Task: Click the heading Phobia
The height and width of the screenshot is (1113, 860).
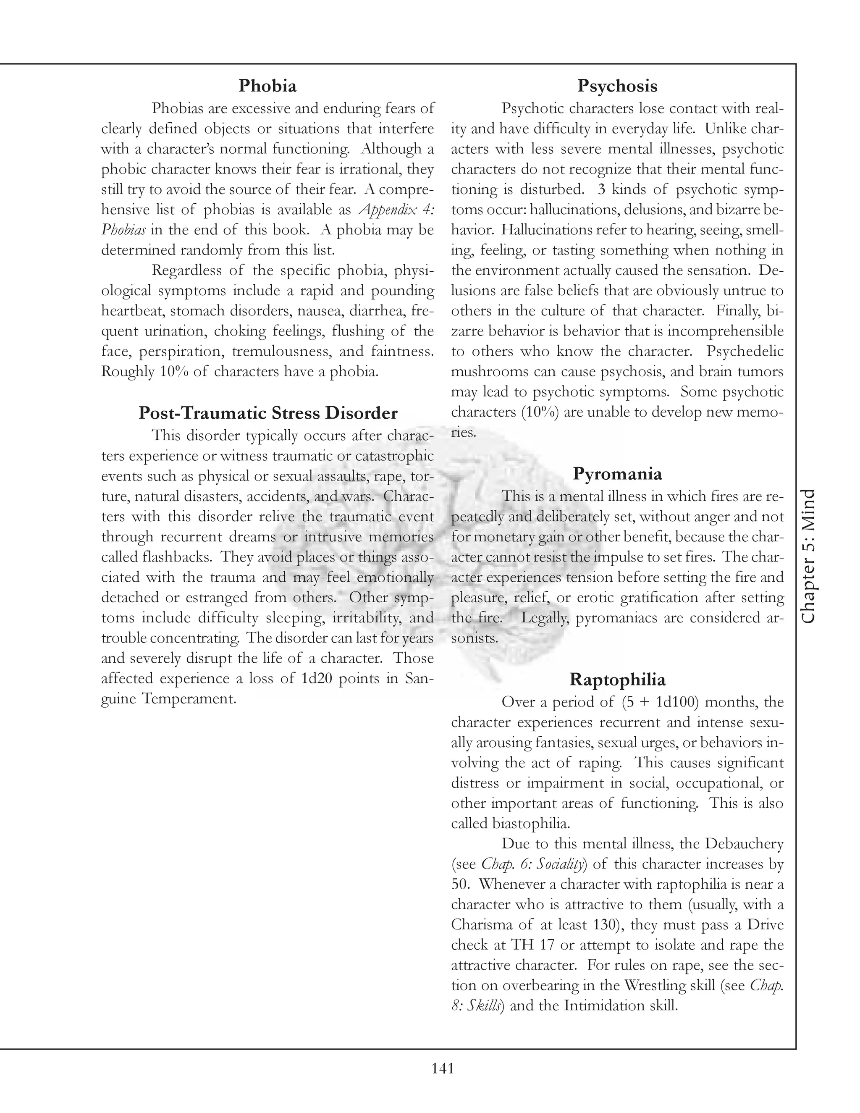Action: pos(267,86)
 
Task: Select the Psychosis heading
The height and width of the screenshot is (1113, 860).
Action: pos(617,86)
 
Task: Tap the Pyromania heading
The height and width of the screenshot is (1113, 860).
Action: pos(617,473)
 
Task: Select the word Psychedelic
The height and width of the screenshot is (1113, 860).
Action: pos(745,352)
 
